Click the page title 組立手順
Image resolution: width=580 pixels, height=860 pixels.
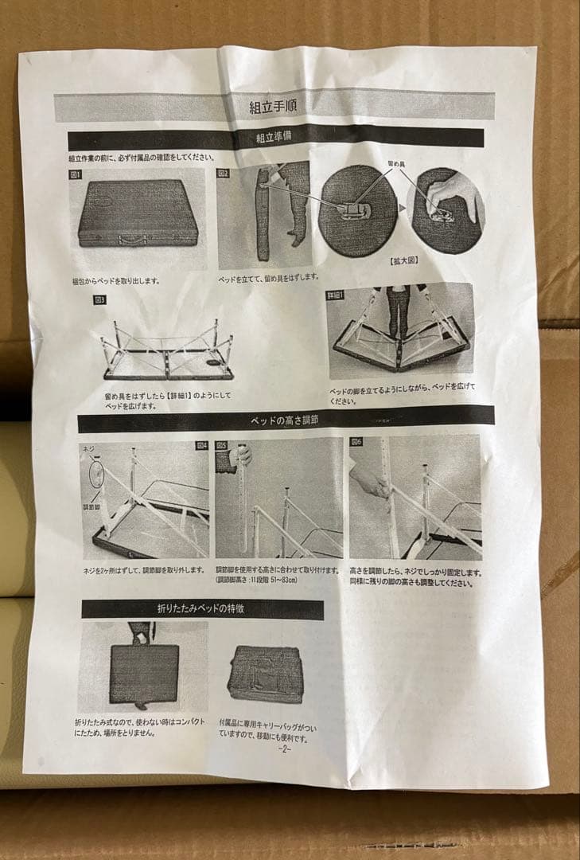pos(274,105)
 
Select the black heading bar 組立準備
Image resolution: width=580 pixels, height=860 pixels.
pos(274,138)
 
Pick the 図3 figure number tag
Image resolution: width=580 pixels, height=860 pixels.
pos(99,300)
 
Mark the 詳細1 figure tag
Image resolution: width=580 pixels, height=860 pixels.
pos(336,294)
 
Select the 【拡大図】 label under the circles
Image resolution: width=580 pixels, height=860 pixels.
pos(405,260)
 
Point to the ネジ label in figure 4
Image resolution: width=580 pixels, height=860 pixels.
pos(88,450)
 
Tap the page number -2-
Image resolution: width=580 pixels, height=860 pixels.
pos(284,749)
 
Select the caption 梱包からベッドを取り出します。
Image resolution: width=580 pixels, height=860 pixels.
pos(116,281)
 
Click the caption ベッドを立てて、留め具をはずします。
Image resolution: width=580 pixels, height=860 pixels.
pos(269,277)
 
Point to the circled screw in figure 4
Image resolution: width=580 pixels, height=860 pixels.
pos(96,473)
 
